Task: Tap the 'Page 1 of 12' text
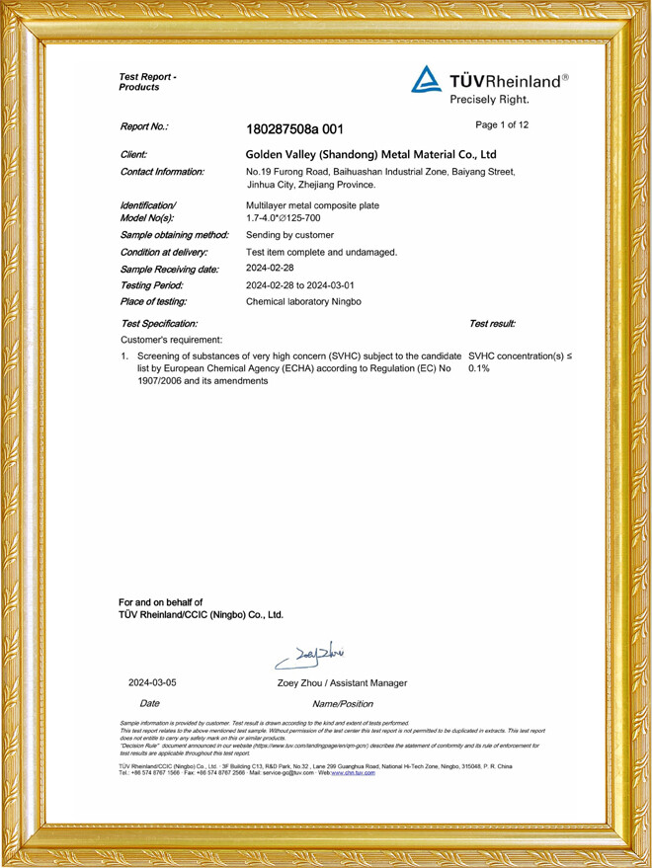pos(502,125)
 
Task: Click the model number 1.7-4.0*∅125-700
pos(290,217)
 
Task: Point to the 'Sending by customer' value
pos(289,235)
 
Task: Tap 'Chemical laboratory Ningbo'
pos(307,300)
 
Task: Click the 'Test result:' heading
pos(492,323)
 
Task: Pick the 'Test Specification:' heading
pos(158,323)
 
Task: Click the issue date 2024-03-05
pos(152,683)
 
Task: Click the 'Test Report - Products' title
pos(147,82)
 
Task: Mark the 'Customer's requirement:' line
pos(171,340)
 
